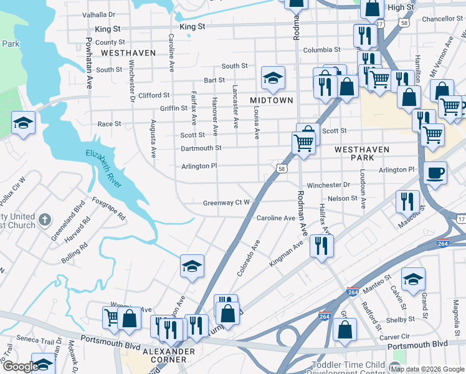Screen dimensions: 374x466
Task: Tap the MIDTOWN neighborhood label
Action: (271, 100)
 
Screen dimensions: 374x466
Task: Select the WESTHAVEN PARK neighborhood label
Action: (362, 154)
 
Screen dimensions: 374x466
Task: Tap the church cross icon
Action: (44, 219)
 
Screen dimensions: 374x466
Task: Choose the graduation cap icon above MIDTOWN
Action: (273, 78)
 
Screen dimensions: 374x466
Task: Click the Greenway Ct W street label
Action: (226, 203)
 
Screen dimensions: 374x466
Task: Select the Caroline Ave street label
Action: (276, 218)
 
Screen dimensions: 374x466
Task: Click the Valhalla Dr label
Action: (98, 14)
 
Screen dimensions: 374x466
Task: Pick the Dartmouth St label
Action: (201, 148)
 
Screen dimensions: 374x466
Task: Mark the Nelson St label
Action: (343, 198)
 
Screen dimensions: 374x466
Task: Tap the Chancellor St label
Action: (440, 19)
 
